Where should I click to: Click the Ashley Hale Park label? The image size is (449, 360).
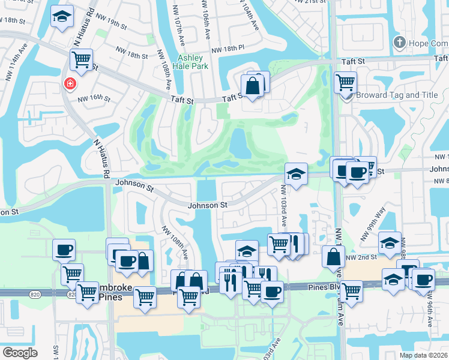coord(192,62)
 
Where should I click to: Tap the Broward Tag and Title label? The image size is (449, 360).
coord(396,95)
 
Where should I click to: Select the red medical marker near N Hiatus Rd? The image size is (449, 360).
coord(71,83)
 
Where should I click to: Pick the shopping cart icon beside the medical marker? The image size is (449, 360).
coord(81,59)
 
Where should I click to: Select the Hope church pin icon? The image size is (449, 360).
coord(399,43)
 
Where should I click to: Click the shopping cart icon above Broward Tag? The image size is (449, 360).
coord(345,82)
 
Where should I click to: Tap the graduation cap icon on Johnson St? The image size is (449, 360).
coord(296,174)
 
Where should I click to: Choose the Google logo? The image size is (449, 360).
coord(20,353)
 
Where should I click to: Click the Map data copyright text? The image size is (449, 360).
coord(424,355)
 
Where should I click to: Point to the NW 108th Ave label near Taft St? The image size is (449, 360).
coord(164,70)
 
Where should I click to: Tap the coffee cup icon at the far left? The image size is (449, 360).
coord(63,250)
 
